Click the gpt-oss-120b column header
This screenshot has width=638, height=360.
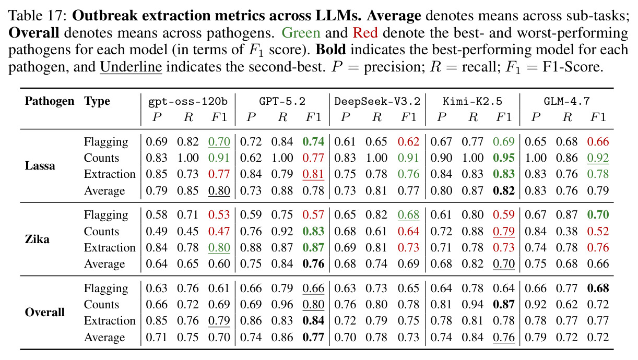pyautogui.click(x=188, y=101)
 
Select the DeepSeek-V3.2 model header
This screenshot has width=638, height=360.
pyautogui.click(x=377, y=101)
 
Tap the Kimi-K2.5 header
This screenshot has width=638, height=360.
pyautogui.click(x=472, y=101)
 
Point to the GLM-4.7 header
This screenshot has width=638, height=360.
pyautogui.click(x=567, y=101)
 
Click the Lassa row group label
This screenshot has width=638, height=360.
pyautogui.click(x=40, y=165)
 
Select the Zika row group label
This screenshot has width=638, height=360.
pyautogui.click(x=37, y=239)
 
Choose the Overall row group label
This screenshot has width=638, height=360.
pyautogui.click(x=45, y=312)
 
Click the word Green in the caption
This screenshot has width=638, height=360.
pyautogui.click(x=301, y=33)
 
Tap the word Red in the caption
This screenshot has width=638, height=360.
pyautogui.click(x=365, y=33)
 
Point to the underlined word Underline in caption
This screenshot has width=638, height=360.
pyautogui.click(x=131, y=67)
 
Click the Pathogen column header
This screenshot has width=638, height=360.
pyautogui.click(x=50, y=101)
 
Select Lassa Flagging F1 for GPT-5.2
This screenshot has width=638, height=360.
pyautogui.click(x=314, y=141)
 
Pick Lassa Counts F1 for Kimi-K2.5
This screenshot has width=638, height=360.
pyautogui.click(x=504, y=158)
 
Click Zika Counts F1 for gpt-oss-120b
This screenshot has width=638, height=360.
pyautogui.click(x=219, y=231)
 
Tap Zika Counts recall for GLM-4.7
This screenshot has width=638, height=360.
pyautogui.click(x=567, y=231)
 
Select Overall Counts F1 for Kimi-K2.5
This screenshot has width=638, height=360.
pyautogui.click(x=504, y=304)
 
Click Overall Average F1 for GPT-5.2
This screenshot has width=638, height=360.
pyautogui.click(x=314, y=337)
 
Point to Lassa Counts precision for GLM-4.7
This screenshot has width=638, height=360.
pyautogui.click(x=536, y=158)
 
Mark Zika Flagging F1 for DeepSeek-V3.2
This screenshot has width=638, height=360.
pyautogui.click(x=409, y=214)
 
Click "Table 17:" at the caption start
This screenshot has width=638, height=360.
pyautogui.click(x=38, y=16)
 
